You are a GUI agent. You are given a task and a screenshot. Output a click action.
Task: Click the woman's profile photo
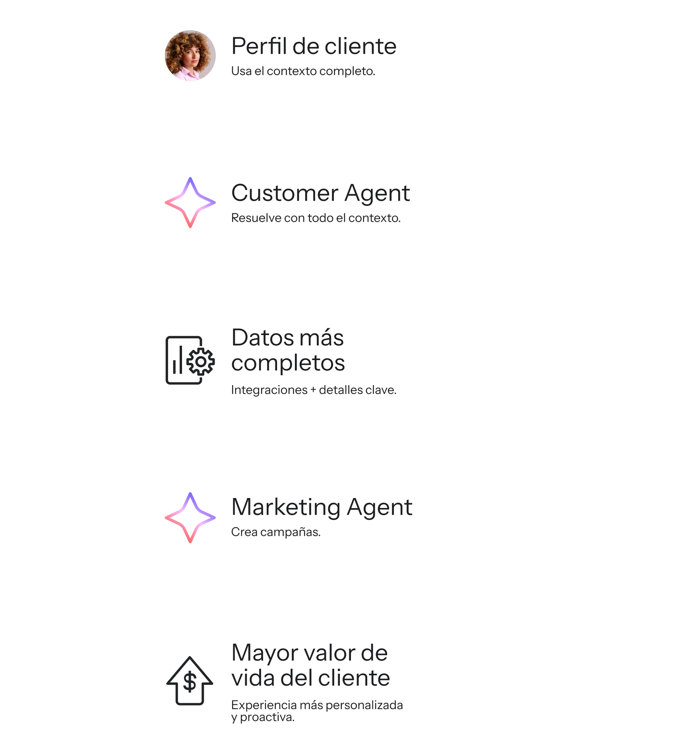point(190,56)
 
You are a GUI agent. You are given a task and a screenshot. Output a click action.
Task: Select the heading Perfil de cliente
point(314,46)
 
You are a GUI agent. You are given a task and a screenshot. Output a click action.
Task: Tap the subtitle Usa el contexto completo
point(303,71)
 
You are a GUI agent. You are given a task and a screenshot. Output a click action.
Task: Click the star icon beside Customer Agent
point(190,202)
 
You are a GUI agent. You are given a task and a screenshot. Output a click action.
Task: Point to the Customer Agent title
point(320,193)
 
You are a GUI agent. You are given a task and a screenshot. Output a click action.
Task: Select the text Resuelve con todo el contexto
point(316,218)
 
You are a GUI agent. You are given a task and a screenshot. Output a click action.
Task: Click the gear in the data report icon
point(201,361)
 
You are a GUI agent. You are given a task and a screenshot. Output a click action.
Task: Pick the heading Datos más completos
point(288,350)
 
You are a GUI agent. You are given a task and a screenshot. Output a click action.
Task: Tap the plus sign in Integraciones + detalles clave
point(313,390)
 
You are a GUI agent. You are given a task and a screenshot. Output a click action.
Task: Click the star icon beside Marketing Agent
point(190,517)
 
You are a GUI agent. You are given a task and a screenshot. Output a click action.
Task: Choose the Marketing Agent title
point(322,507)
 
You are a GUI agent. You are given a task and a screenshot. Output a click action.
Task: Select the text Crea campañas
point(275,532)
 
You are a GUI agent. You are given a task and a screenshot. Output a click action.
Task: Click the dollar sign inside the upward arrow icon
point(190,682)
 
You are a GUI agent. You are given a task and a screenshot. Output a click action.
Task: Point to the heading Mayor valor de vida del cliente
point(310,665)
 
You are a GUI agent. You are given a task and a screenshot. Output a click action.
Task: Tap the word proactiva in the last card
point(267,717)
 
